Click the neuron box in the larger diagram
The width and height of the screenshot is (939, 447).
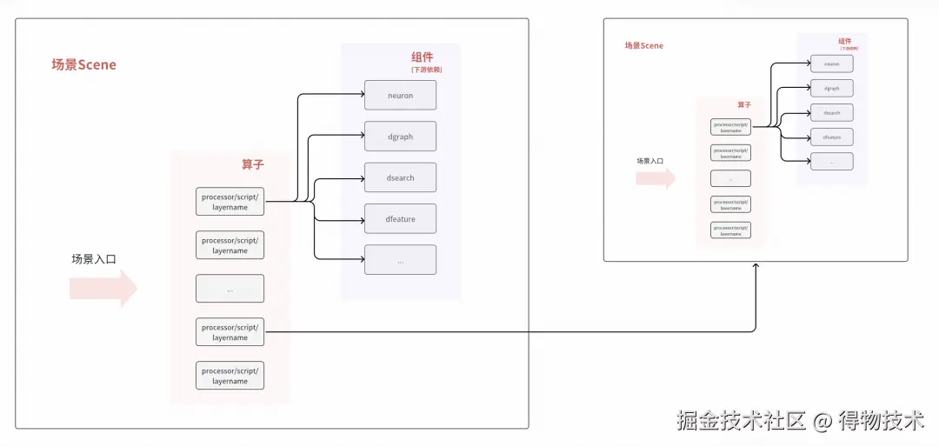coord(400,96)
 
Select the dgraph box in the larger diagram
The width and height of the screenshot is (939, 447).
coord(400,137)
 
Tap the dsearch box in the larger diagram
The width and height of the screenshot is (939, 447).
coord(400,177)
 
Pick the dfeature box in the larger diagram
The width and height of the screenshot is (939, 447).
coord(400,219)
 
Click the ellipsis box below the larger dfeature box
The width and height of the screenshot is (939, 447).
coord(400,260)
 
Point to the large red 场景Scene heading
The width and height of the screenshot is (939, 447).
coord(83,65)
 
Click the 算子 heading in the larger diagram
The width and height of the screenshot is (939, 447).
coord(253,164)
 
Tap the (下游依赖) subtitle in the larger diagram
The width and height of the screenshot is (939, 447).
coord(426,70)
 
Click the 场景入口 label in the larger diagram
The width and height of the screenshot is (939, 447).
coord(94,258)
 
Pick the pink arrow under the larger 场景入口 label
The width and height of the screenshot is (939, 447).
coord(103,288)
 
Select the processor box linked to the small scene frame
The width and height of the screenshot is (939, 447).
coord(230,332)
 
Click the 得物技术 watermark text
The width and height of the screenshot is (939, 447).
coord(880,421)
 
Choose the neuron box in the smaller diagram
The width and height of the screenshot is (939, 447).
coord(831,63)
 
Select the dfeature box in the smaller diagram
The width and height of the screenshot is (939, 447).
coord(831,137)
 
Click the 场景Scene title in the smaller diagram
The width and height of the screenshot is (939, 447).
coord(644,46)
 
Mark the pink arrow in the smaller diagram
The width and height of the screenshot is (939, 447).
coord(656,178)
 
